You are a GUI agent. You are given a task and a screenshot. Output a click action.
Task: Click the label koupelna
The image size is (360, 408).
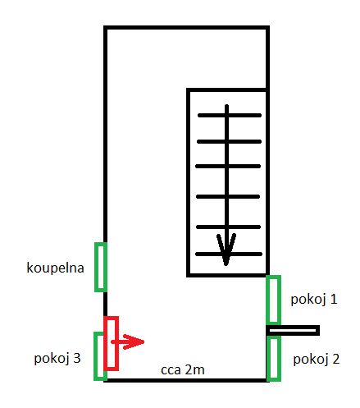(55, 268)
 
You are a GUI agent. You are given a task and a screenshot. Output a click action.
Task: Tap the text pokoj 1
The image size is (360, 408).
(314, 300)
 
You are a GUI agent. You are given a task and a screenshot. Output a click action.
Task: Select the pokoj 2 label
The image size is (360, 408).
(317, 360)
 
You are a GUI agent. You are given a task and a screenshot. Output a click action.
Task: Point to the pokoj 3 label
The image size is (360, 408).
(57, 358)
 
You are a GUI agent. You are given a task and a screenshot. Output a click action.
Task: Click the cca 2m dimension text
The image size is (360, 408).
(183, 370)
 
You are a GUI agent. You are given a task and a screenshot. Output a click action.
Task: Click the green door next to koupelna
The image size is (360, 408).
(100, 267)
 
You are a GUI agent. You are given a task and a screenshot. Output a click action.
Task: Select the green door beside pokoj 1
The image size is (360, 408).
(274, 300)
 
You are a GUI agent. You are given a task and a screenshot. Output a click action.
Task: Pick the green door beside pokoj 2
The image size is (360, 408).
(274, 359)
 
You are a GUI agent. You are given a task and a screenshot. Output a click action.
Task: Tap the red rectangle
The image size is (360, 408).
(112, 343)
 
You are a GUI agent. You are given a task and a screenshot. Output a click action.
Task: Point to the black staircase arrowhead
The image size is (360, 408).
(226, 249)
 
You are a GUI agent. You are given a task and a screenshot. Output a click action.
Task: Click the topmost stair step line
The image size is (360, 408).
(230, 116)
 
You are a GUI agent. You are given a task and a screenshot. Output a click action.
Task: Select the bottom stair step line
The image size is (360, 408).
(229, 254)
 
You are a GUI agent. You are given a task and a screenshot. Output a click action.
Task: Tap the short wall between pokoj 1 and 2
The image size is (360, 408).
(293, 330)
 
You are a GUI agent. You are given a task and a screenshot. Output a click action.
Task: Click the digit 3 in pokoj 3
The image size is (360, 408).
(77, 358)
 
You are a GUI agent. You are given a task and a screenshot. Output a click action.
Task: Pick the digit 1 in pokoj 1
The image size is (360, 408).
(334, 299)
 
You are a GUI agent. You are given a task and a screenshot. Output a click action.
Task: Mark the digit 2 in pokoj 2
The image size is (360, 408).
(336, 359)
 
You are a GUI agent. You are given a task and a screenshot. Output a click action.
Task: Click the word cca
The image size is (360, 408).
(171, 371)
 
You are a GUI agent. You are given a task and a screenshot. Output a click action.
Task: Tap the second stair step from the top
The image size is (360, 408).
(229, 141)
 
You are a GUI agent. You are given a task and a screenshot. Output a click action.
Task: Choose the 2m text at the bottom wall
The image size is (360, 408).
(195, 369)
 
